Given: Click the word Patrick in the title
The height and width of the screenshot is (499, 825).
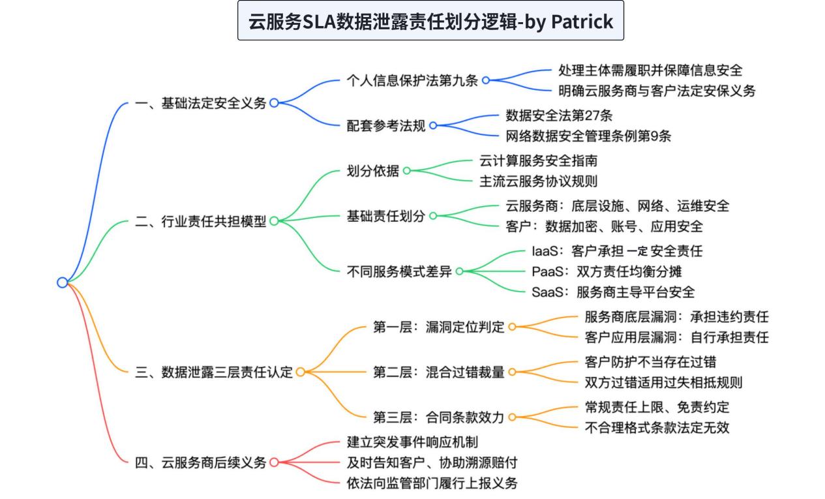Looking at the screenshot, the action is (x=582, y=22).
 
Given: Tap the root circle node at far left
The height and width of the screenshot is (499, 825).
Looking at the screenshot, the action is (x=63, y=282).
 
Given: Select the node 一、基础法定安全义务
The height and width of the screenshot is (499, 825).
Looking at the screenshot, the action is (x=201, y=103).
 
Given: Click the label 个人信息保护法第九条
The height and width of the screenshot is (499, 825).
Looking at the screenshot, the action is (x=412, y=80).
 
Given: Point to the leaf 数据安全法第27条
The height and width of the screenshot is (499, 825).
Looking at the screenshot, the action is (x=559, y=115).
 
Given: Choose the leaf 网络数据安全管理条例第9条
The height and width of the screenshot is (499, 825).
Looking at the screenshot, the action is (x=588, y=136).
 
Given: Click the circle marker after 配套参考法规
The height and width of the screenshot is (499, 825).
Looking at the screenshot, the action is (x=433, y=126).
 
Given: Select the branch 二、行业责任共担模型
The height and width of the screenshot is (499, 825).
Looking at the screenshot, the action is (x=201, y=221).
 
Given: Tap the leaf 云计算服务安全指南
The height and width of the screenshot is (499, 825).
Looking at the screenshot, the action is (x=539, y=161).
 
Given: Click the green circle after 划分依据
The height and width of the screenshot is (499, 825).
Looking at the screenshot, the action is (x=406, y=170).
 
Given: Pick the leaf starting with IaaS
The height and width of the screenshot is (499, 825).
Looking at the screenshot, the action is (x=617, y=251).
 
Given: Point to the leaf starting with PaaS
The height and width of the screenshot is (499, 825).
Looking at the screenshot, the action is (x=607, y=272).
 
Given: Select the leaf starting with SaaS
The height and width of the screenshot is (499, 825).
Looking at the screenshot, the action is (x=613, y=292).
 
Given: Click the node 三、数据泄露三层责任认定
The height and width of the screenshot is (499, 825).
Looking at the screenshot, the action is (x=214, y=372).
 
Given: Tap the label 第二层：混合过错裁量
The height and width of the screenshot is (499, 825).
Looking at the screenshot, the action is (x=439, y=372).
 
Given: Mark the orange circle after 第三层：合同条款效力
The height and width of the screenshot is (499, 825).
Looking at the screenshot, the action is (x=512, y=417).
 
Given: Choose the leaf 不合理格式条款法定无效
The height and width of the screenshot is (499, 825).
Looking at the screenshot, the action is (x=657, y=428).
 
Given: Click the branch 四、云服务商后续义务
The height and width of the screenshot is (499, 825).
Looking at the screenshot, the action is (x=201, y=462).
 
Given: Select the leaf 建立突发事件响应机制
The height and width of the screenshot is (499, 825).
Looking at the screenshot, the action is (x=412, y=442).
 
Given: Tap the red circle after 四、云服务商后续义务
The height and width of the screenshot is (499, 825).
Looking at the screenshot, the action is (x=274, y=462).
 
